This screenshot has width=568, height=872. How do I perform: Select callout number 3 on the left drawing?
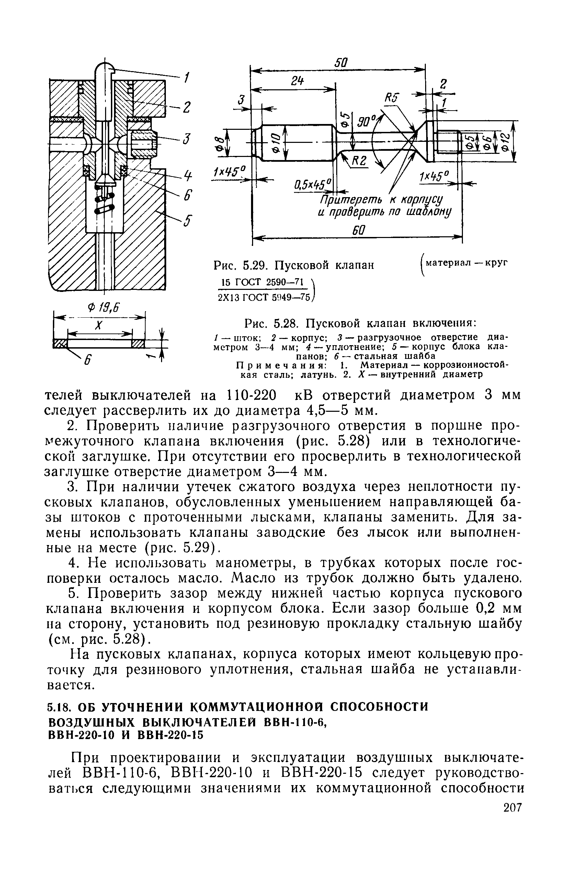[187, 139]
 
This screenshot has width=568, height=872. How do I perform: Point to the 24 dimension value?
[298, 81]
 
